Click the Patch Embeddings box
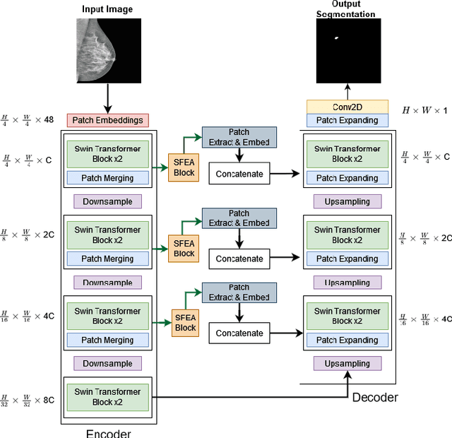click(x=107, y=120)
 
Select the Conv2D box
click(x=347, y=107)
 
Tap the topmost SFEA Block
click(x=184, y=168)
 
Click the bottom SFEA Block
click(x=185, y=323)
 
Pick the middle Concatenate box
click(x=239, y=259)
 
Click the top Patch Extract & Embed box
click(x=239, y=137)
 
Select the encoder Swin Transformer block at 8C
click(x=107, y=396)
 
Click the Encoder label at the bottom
click(x=108, y=432)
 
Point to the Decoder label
click(x=375, y=397)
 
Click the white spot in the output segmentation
click(x=336, y=37)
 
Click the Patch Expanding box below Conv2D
click(x=347, y=121)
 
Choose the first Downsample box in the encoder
click(x=107, y=201)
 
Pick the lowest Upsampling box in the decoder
click(x=347, y=364)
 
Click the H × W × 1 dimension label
click(x=425, y=110)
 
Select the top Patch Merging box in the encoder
click(x=107, y=178)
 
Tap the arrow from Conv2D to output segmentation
click(x=347, y=92)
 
